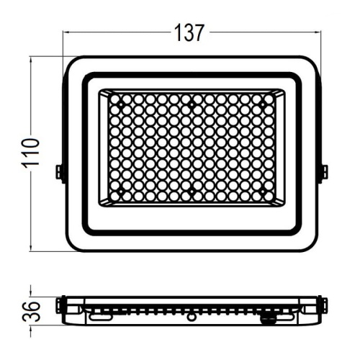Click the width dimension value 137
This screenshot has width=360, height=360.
[x=189, y=32]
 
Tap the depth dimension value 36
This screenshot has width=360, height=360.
[x=31, y=311]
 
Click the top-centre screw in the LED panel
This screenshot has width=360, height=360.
[x=192, y=106]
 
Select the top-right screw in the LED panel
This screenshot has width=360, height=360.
[x=262, y=106]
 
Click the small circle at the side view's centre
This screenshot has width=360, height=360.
[x=192, y=316]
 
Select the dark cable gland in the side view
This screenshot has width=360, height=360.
[x=268, y=318]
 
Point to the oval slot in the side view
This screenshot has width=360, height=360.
[x=101, y=315]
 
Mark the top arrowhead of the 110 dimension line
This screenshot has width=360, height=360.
[x=31, y=60]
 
